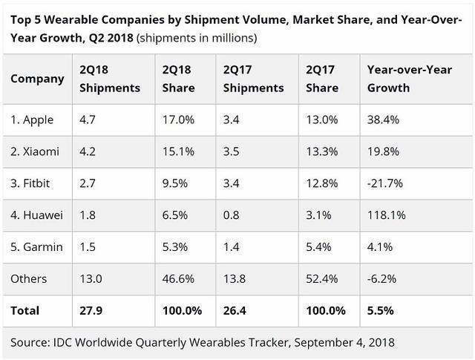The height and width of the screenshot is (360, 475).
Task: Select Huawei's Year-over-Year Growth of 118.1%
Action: coord(386,215)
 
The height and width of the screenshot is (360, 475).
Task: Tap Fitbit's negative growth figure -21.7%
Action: coord(384,183)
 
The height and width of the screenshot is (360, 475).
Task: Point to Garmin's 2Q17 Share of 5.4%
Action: coord(319,247)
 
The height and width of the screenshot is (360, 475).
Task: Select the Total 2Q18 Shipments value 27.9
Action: coord(91,310)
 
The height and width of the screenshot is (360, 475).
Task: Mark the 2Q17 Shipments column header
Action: coord(253,79)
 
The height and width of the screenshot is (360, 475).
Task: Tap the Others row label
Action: coord(30,278)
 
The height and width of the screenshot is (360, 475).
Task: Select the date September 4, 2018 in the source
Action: coord(337,342)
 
